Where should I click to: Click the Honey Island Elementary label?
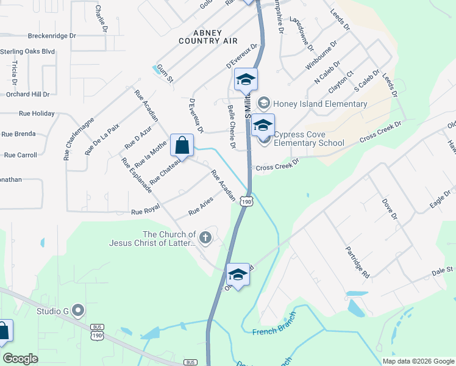(x=320, y=104)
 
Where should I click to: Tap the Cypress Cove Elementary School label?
(x=308, y=139)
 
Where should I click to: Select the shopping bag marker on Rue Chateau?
(x=182, y=146)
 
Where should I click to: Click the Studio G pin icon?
(x=77, y=311)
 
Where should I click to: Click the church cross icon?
(x=205, y=238)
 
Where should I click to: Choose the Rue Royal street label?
(x=145, y=212)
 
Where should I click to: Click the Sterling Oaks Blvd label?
(x=27, y=51)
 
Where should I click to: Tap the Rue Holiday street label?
(x=37, y=113)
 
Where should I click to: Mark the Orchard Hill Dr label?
(x=27, y=95)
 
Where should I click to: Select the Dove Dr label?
(x=389, y=208)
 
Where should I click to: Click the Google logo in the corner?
(x=20, y=359)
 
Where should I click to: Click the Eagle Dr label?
(x=440, y=199)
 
